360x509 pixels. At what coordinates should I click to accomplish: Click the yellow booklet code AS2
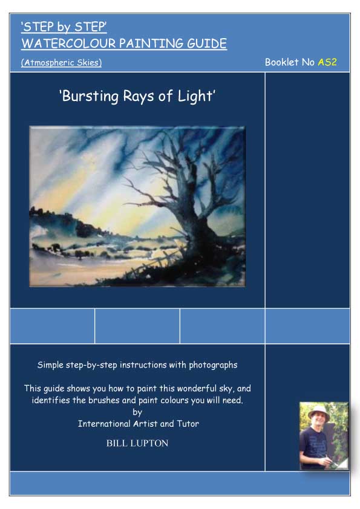[x=327, y=62]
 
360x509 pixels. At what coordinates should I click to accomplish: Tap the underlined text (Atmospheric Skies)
[x=61, y=62]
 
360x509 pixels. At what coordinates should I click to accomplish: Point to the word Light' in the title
[x=195, y=96]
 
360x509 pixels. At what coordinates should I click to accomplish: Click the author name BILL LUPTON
[x=137, y=443]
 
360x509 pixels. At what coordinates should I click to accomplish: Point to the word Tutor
[x=187, y=424]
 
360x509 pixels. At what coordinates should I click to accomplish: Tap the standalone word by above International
[x=137, y=412]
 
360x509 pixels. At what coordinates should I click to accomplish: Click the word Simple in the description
[x=51, y=365]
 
